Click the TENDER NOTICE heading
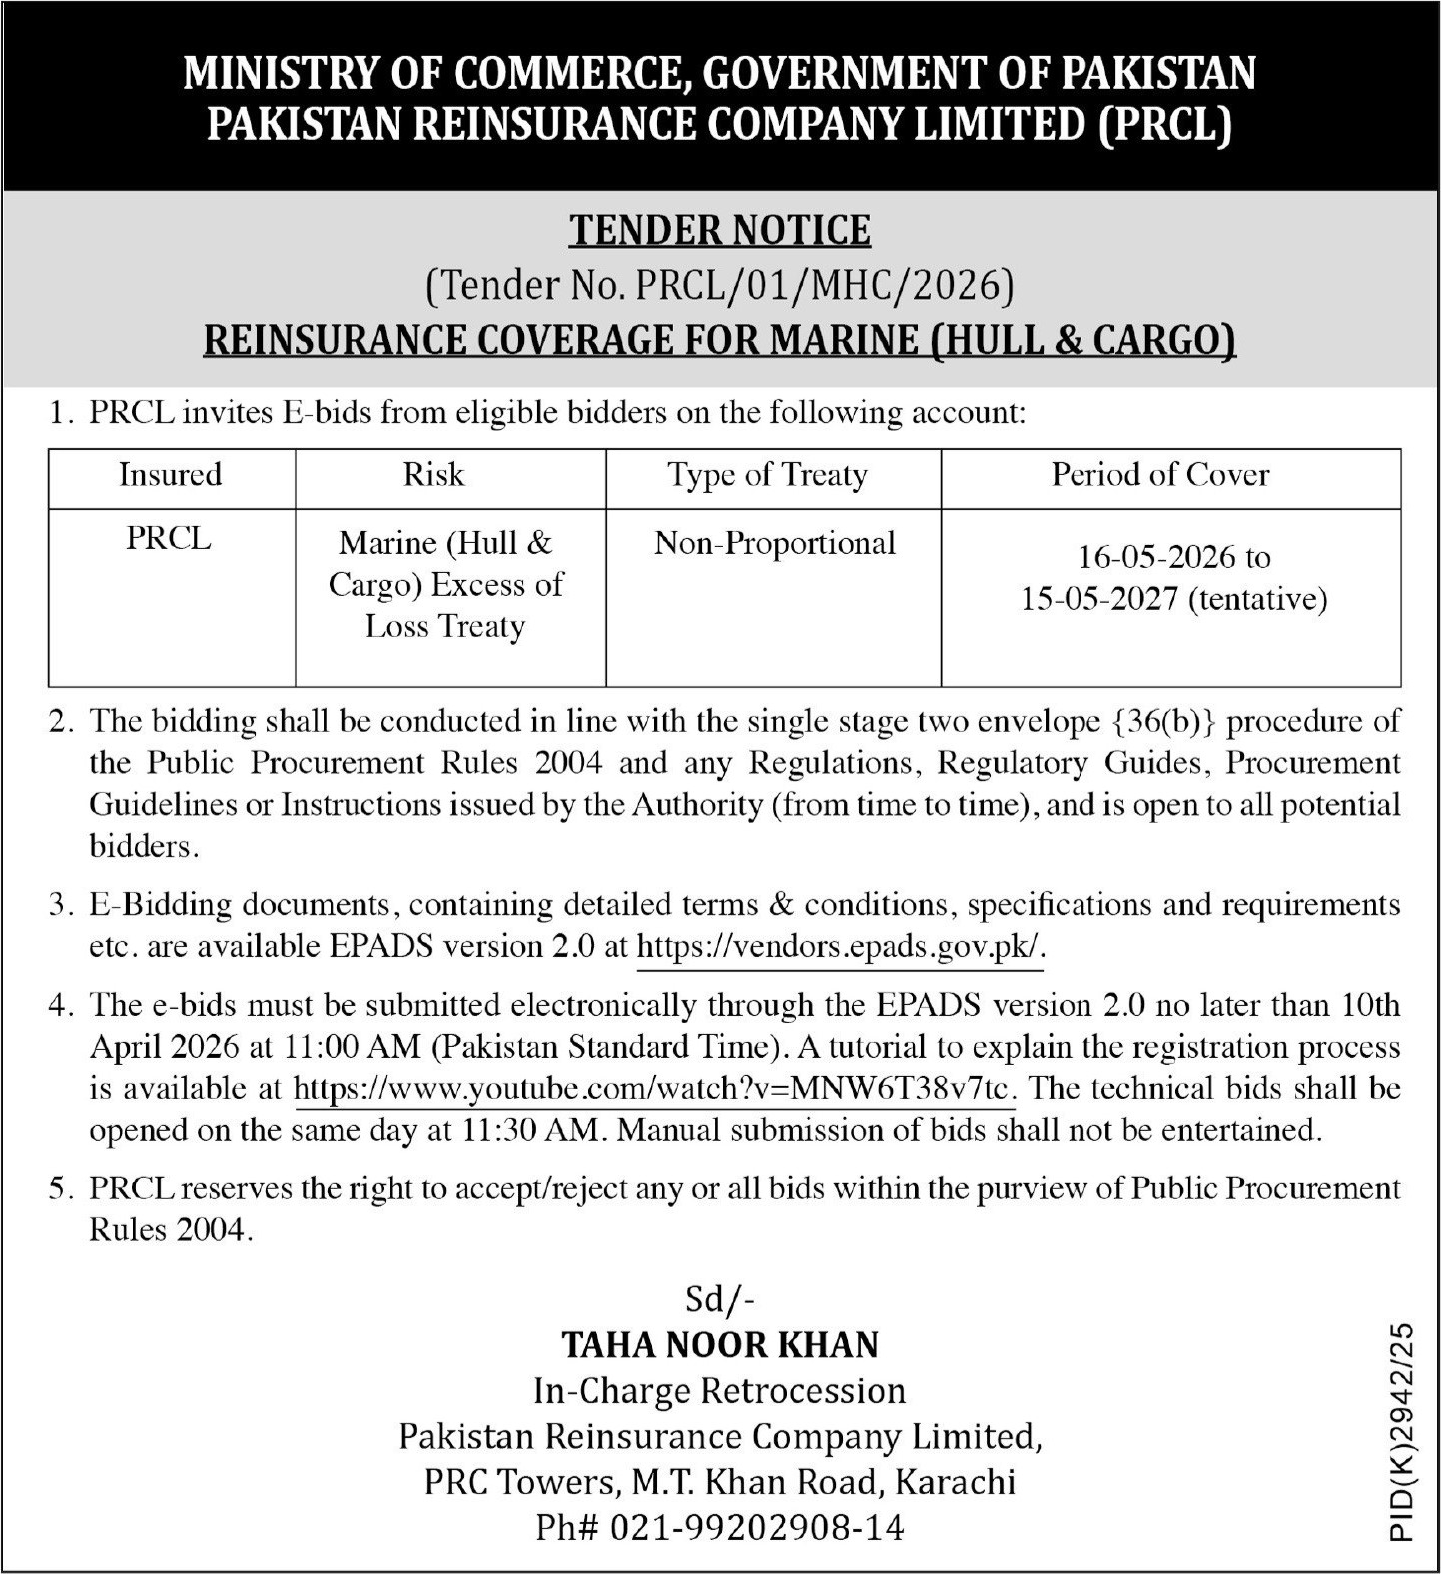click(x=720, y=230)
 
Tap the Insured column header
click(x=170, y=474)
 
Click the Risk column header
click(x=433, y=474)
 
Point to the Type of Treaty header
click(x=767, y=475)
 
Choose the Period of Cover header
click(x=1159, y=474)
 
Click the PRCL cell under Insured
click(x=169, y=538)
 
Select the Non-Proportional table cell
click(x=775, y=543)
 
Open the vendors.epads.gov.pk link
click(x=840, y=946)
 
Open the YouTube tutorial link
click(x=654, y=1088)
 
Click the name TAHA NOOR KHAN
click(x=720, y=1345)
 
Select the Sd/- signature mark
click(x=720, y=1299)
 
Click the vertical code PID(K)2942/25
click(x=1402, y=1432)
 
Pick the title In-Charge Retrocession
click(x=720, y=1390)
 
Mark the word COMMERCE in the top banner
click(x=555, y=74)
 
